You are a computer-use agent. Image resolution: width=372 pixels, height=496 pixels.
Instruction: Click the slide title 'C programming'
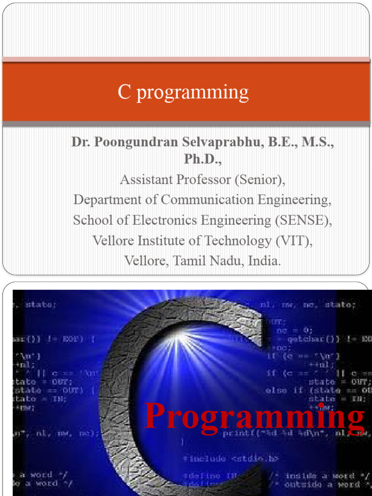pos(183,92)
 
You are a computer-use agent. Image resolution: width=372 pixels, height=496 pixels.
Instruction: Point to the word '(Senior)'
pos(260,180)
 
